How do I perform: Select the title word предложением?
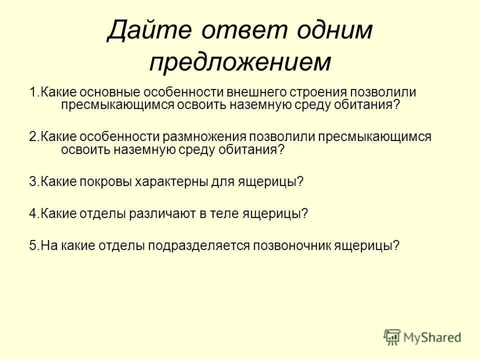pos(240,62)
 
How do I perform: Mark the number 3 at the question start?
pos(32,182)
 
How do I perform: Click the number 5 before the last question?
pos(32,246)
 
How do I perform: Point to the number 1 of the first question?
pos(32,93)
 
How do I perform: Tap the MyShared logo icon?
pos(392,337)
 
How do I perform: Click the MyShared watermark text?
pos(433,338)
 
